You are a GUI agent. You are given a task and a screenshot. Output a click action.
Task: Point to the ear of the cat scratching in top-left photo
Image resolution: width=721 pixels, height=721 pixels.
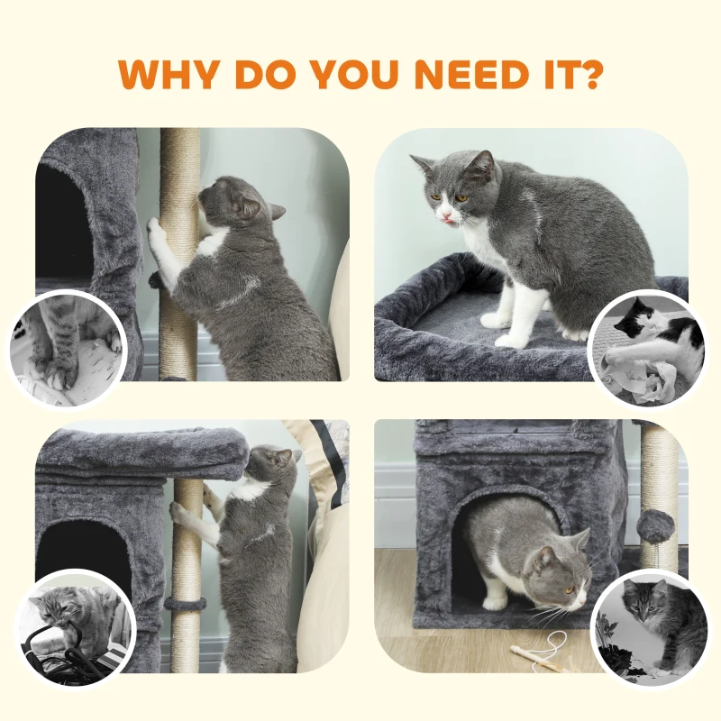point(272,212)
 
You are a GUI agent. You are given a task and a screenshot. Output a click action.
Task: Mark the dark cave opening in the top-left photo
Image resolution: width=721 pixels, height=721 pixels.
point(63,225)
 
